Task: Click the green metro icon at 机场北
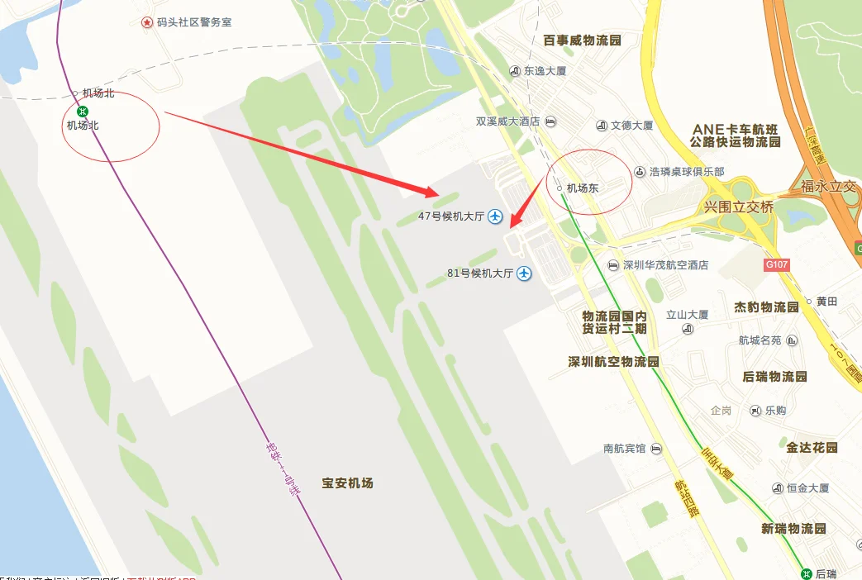tap(82, 112)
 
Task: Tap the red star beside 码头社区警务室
tap(146, 22)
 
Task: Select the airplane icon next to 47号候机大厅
tap(495, 216)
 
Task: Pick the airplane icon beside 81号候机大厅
tap(524, 273)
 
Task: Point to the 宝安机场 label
tap(348, 483)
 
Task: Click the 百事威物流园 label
tap(582, 40)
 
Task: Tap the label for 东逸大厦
tap(545, 71)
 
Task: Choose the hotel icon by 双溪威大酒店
tap(551, 121)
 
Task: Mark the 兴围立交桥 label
tap(738, 207)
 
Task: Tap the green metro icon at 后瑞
tap(806, 573)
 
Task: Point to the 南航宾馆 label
tap(625, 449)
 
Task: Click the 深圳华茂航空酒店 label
tap(665, 265)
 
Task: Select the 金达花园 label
tap(812, 447)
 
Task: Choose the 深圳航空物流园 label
tap(613, 362)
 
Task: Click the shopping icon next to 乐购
tap(755, 411)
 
